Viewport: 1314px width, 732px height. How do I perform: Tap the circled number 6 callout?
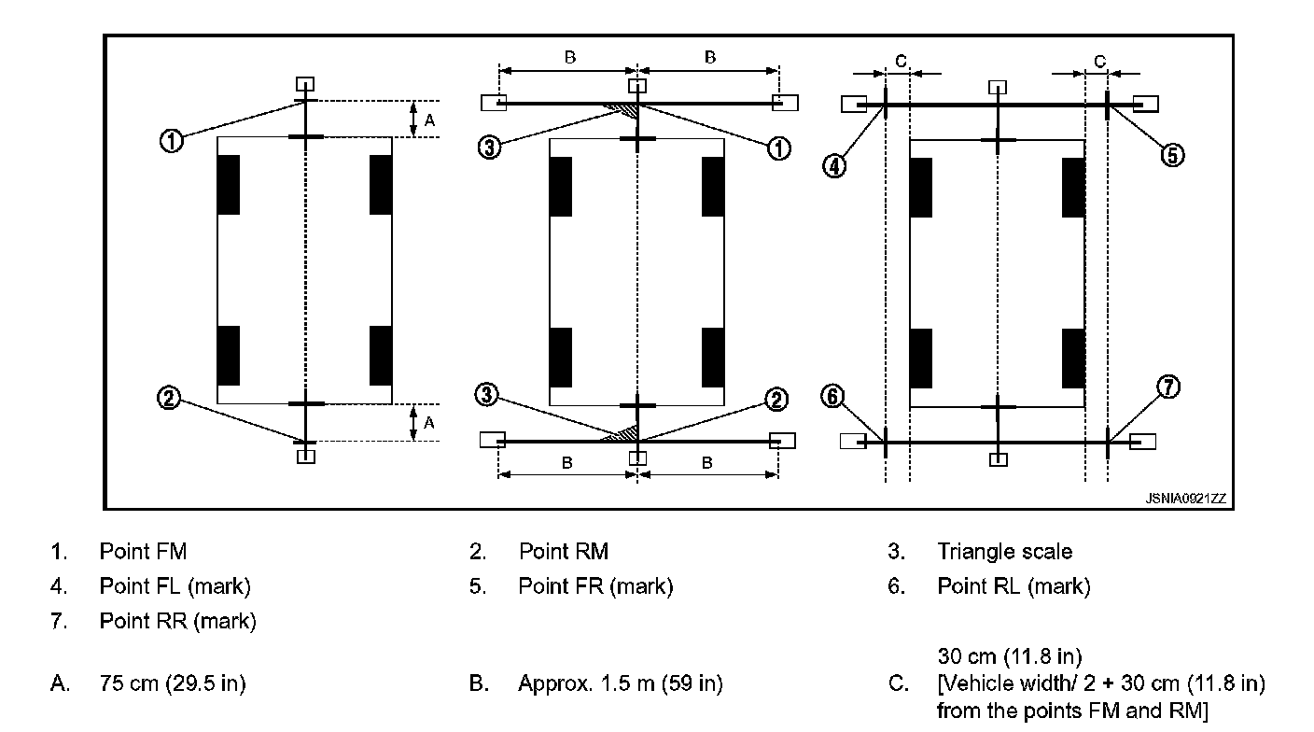coord(832,397)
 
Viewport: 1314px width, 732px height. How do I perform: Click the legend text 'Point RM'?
coord(564,552)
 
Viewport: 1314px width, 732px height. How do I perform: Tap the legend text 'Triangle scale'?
coord(1004,552)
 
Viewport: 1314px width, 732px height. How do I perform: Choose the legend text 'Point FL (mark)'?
coord(175,586)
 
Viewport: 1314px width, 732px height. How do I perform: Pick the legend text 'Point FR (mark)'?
coord(595,586)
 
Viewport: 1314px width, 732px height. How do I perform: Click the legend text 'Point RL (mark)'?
coord(1013,586)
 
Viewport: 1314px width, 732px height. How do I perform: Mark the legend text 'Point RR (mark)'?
coord(177,620)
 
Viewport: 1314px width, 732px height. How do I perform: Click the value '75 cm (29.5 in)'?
coord(173,684)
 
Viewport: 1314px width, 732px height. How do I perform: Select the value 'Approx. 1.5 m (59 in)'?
coord(620,684)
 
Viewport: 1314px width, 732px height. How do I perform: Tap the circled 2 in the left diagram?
coord(169,399)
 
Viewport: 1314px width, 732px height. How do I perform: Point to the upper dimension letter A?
coord(428,119)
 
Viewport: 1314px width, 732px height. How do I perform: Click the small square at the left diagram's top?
coord(305,82)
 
